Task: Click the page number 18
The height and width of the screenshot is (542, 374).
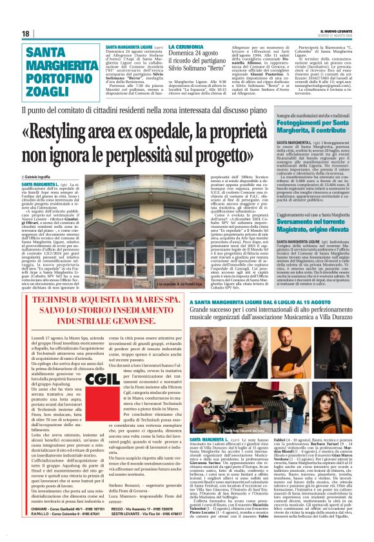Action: tap(26, 33)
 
